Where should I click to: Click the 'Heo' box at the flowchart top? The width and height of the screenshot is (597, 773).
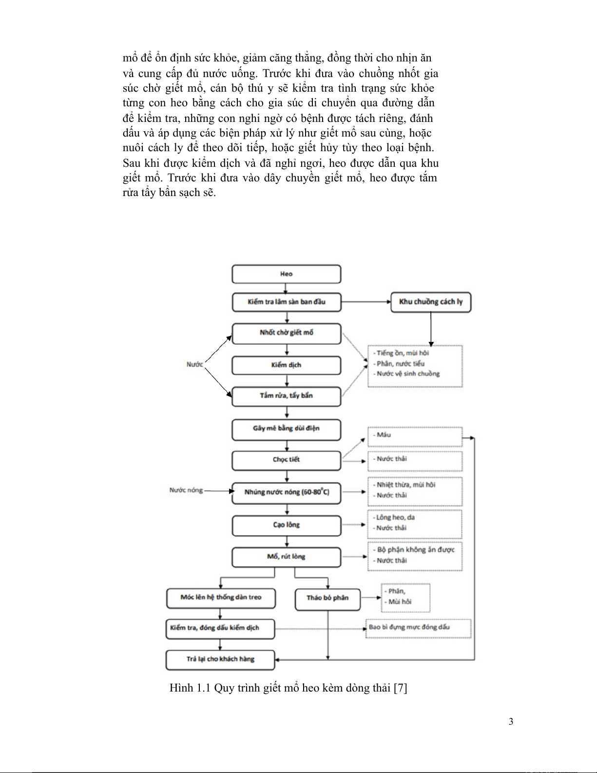pos(286,274)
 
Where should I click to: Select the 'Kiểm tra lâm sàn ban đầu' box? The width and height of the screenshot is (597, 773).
pos(286,302)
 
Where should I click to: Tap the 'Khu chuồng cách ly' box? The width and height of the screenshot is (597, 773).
pos(431,302)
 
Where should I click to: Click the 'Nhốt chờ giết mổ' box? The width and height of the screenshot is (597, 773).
pos(286,333)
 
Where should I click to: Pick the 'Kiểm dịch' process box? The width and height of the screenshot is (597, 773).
pos(286,365)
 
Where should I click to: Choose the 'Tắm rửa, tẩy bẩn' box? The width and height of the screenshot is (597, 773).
pos(286,396)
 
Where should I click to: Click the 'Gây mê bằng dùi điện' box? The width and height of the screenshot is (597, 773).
pos(286,429)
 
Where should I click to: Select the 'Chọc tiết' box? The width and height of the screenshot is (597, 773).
pos(286,460)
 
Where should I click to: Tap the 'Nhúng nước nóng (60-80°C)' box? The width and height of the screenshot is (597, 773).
pos(286,492)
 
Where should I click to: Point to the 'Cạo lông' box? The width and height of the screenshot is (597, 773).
pos(286,525)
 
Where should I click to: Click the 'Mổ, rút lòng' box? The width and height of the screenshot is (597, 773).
pos(286,557)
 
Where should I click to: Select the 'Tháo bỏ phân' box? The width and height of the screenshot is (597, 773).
pos(327,598)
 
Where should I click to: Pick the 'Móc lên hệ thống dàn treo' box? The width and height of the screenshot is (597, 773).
pos(221,598)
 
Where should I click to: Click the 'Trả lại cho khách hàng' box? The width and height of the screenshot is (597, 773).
pos(220,660)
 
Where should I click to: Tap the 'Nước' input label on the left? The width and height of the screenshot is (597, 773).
pos(195,365)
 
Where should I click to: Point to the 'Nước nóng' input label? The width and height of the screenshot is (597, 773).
pos(186,491)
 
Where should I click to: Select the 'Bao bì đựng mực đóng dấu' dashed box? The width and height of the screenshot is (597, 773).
pos(419,628)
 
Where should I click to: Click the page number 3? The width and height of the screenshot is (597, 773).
pos(511,722)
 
